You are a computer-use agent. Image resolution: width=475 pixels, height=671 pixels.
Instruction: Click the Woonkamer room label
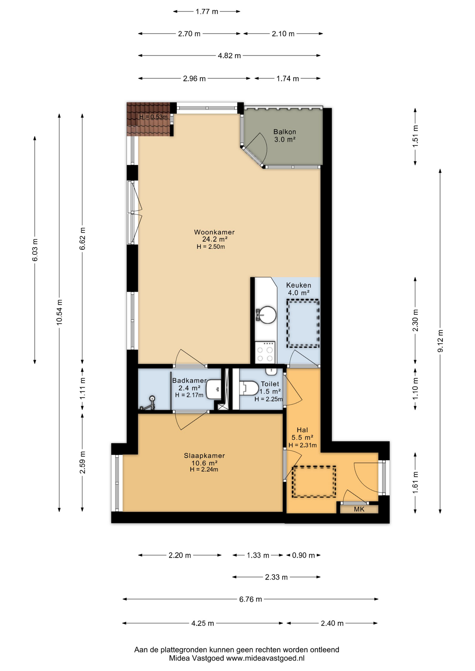coord(214,232)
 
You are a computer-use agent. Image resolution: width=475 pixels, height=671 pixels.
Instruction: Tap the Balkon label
coord(285,132)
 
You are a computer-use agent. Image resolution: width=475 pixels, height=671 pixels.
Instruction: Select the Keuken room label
coord(298,285)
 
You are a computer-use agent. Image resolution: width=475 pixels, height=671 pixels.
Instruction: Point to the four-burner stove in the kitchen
coord(265,352)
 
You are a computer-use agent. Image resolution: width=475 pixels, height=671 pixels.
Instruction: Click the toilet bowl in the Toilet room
coord(249,388)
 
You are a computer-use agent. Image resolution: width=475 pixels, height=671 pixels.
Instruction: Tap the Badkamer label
coord(189,381)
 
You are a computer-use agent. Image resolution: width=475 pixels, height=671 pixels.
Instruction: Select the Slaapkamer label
coord(204,456)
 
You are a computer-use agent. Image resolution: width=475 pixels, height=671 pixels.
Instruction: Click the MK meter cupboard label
coord(359,509)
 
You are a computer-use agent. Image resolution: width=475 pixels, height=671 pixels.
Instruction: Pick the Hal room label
coord(302,430)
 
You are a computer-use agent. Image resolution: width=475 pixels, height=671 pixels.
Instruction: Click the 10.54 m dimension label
coord(59,312)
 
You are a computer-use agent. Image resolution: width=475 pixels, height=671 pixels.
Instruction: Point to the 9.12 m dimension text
coord(440,341)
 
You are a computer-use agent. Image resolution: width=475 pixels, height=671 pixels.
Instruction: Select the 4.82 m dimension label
coord(229,56)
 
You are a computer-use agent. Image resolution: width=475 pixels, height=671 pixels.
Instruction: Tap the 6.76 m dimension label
coord(250,599)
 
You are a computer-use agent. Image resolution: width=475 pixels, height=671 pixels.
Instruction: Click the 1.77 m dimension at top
coord(207,12)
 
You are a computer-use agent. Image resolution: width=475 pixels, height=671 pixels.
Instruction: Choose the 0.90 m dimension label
coord(303,555)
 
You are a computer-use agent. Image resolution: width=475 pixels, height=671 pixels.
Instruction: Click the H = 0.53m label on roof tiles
coord(153,117)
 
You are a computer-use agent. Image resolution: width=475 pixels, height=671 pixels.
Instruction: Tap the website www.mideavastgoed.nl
coord(265,658)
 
